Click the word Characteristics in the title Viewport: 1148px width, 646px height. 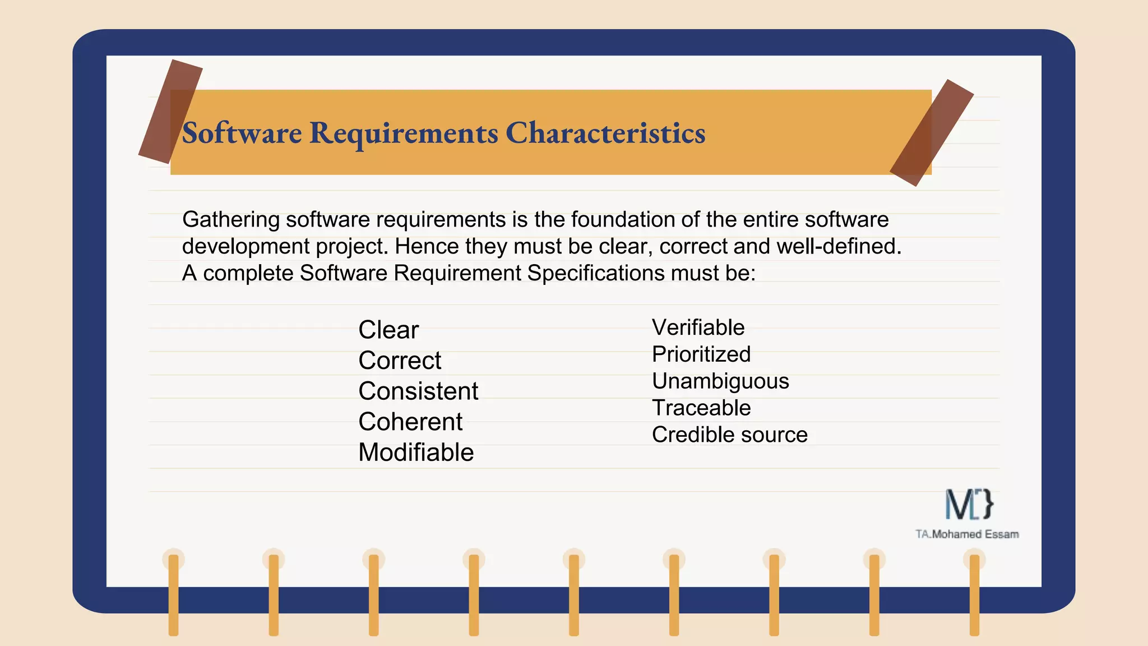(x=605, y=133)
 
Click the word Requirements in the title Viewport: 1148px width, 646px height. (x=404, y=133)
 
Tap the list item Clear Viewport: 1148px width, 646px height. (x=388, y=330)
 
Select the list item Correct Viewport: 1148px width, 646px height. (x=400, y=361)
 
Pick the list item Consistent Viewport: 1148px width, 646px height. (x=418, y=391)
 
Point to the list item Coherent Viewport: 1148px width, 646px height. (x=410, y=422)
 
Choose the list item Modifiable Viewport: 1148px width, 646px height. (x=416, y=453)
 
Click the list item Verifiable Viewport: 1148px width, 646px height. (x=698, y=327)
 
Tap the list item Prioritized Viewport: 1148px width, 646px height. (x=701, y=354)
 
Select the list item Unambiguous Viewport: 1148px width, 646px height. (x=720, y=381)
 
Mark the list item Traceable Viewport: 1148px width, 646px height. (x=701, y=408)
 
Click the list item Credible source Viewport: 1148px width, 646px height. (x=729, y=435)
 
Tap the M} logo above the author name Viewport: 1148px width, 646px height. (x=969, y=504)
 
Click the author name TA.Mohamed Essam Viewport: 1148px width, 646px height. (x=967, y=534)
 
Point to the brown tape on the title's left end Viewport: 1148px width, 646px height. (x=170, y=112)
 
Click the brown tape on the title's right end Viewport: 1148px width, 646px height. (x=932, y=133)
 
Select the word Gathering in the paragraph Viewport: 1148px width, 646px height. (x=231, y=220)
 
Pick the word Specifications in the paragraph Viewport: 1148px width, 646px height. (x=595, y=274)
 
